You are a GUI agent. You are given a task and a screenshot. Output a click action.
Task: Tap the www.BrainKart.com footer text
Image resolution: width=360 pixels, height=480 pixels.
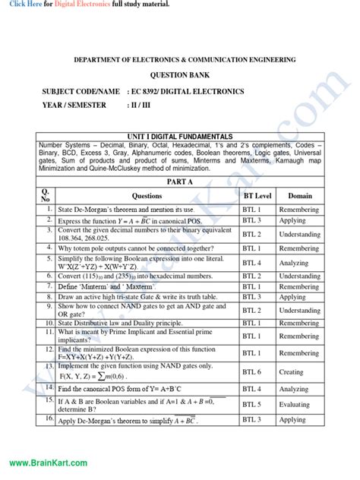pos(48,463)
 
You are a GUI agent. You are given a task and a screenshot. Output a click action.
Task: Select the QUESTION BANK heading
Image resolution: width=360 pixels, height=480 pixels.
pos(179,76)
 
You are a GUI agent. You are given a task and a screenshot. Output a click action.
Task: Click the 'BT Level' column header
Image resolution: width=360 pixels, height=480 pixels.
pos(257,195)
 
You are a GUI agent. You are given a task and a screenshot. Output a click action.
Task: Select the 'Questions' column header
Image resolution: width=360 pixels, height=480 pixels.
pos(147,195)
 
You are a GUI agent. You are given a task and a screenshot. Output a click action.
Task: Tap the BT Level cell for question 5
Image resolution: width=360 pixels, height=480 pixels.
pos(252,263)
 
